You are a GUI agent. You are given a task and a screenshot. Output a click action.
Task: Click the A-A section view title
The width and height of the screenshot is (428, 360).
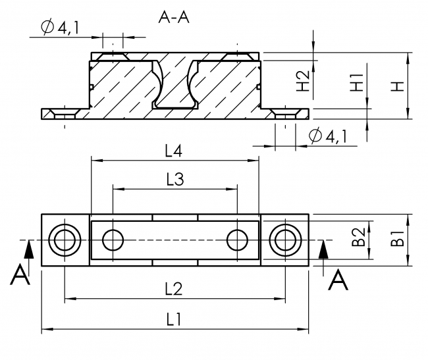point(174,18)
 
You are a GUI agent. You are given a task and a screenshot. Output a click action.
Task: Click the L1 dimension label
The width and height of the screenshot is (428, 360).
point(174,319)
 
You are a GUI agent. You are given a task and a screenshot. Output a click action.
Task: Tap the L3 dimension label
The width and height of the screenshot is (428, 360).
point(174,179)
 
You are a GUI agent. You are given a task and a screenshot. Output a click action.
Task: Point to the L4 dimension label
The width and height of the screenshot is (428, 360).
point(174,151)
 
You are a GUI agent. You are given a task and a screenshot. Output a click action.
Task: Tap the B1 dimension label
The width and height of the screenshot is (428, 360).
point(396,240)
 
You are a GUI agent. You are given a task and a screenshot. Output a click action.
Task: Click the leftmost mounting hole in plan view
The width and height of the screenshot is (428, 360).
point(65,240)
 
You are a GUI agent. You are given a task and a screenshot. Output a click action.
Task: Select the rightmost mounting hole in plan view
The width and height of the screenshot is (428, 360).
point(285,240)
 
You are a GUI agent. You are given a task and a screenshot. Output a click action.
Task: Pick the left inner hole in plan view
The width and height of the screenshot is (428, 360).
point(113,240)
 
